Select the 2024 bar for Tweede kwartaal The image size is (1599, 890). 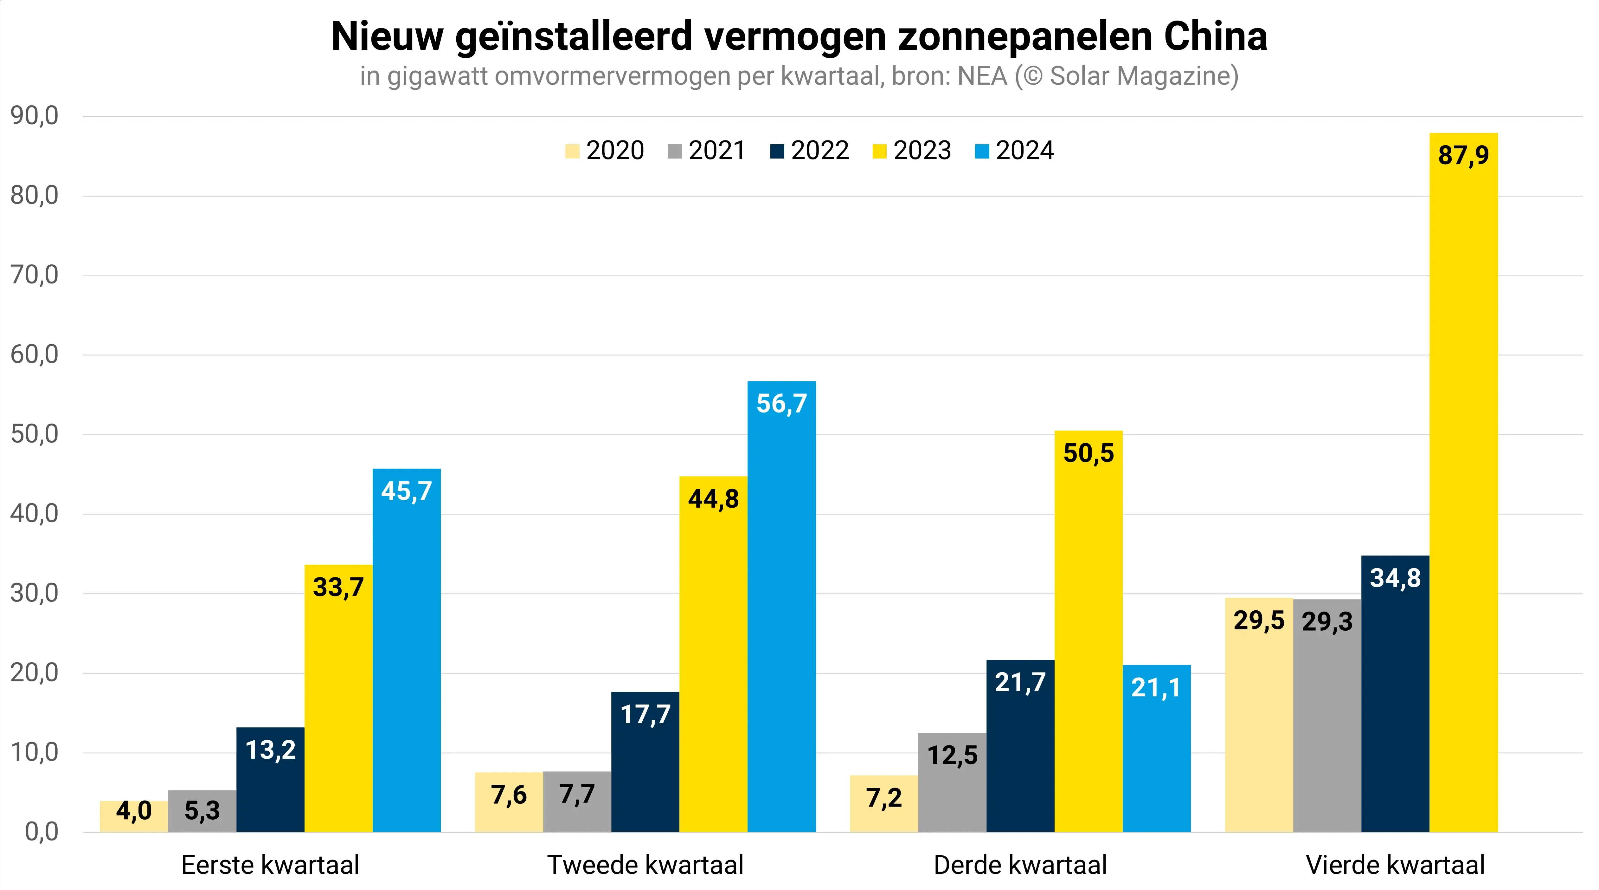pyautogui.click(x=781, y=609)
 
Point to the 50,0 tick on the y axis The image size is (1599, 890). pyautogui.click(x=34, y=434)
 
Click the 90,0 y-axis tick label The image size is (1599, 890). pyautogui.click(x=34, y=116)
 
